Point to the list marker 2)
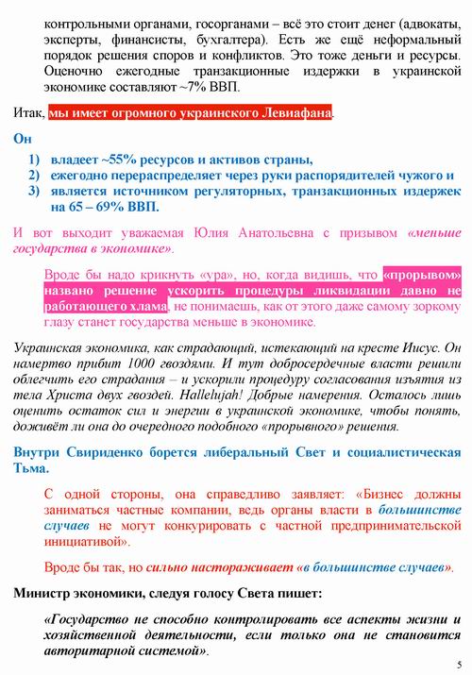pyautogui.click(x=34, y=176)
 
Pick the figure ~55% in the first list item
pyautogui.click(x=117, y=160)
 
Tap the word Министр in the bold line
pyautogui.click(x=47, y=593)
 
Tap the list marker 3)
pyautogui.click(x=34, y=192)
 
